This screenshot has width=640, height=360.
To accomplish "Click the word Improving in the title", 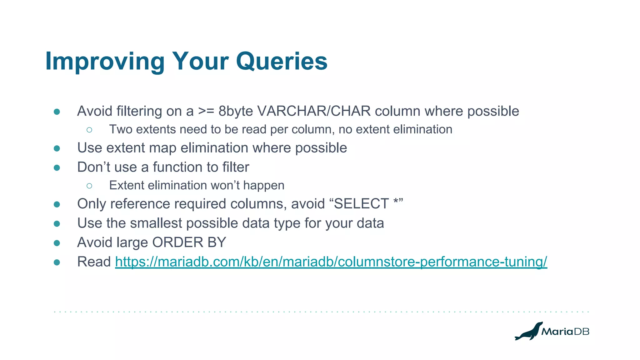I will pyautogui.click(x=105, y=61).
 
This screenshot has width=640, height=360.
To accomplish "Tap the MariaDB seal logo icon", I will pyautogui.click(x=528, y=332).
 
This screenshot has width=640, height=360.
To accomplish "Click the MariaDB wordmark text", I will pyautogui.click(x=565, y=332).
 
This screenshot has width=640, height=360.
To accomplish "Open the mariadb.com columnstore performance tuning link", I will pyautogui.click(x=331, y=262).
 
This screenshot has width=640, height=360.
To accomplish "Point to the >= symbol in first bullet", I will pyautogui.click(x=206, y=111).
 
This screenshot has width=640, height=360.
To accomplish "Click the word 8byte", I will pyautogui.click(x=235, y=111).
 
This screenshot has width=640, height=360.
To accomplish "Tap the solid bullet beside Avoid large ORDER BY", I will pyautogui.click(x=57, y=243).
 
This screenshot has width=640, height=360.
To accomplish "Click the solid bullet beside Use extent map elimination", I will pyautogui.click(x=57, y=148).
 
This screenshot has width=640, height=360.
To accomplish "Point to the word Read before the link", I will pyautogui.click(x=94, y=262).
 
